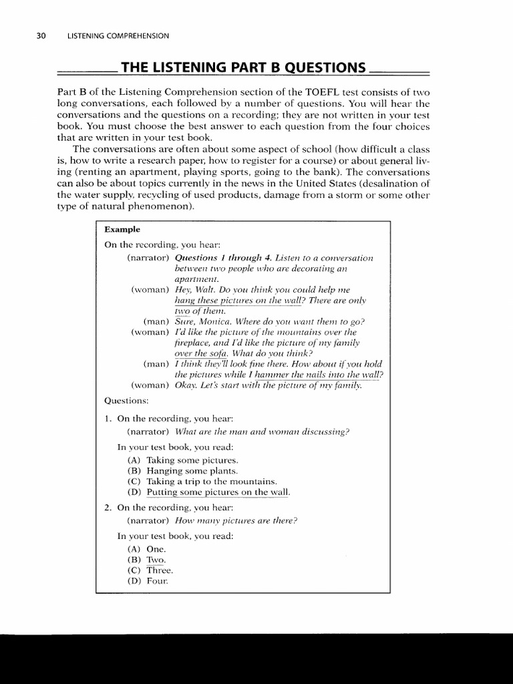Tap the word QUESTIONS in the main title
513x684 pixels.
pyautogui.click(x=321, y=68)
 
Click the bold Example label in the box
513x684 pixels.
pyautogui.click(x=122, y=229)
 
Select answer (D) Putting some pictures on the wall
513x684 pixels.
pyautogui.click(x=208, y=492)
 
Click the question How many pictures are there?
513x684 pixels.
pyautogui.click(x=236, y=521)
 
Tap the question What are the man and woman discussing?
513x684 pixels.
pyautogui.click(x=262, y=432)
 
